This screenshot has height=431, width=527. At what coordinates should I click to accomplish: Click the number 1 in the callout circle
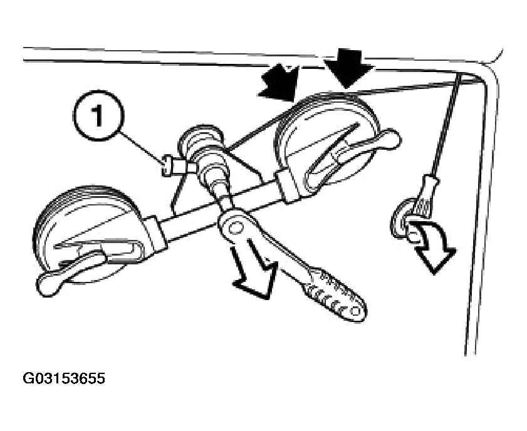[98, 115]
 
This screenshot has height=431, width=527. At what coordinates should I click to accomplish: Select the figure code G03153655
[64, 378]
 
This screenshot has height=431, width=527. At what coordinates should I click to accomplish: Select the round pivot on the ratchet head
[235, 227]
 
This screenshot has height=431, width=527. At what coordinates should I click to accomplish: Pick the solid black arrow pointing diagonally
[280, 84]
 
